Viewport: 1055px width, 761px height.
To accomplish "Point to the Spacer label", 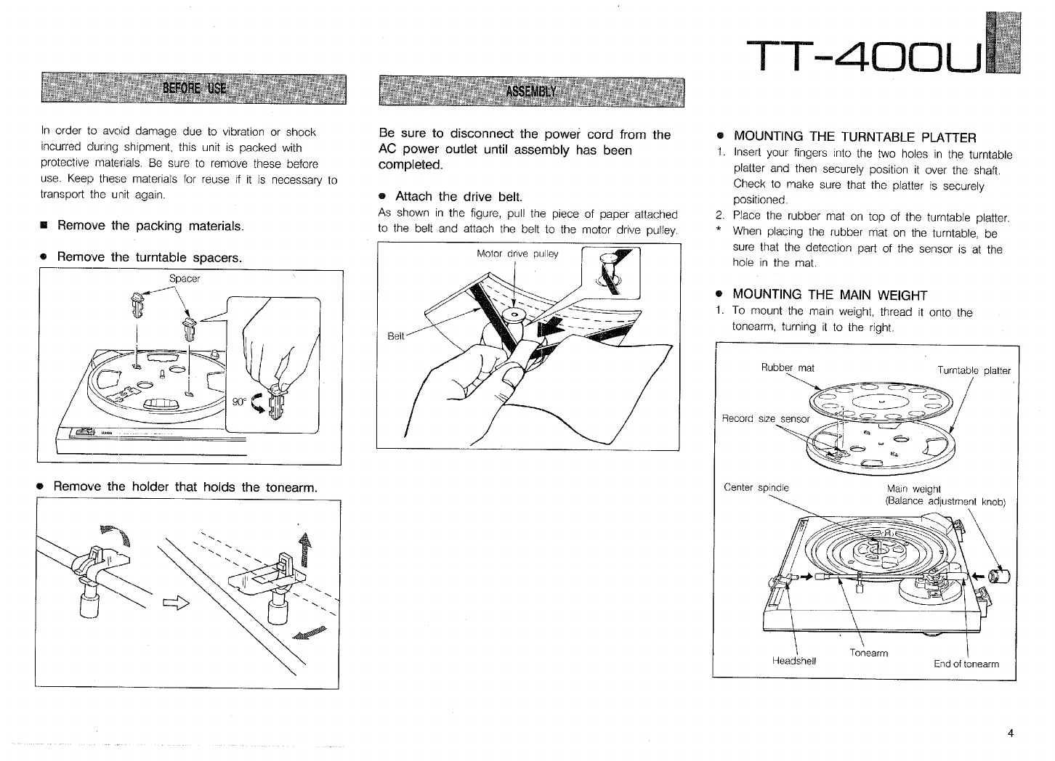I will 184,279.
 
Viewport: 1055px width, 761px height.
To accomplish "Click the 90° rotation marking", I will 238,402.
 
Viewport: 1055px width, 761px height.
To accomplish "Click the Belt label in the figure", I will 395,337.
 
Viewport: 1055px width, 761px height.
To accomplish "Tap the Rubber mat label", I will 787,367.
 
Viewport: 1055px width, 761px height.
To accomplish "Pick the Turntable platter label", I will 974,370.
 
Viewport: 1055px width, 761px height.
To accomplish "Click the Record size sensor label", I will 765,418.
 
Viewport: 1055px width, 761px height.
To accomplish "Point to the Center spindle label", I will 756,487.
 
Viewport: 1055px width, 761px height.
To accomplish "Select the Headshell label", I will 793,661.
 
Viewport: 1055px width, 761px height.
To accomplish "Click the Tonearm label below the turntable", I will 868,653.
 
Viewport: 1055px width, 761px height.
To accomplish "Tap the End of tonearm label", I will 966,664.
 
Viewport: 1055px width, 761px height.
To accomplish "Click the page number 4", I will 1010,733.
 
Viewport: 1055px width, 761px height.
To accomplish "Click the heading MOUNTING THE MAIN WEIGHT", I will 830,295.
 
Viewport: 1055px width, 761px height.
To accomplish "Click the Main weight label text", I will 913,489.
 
